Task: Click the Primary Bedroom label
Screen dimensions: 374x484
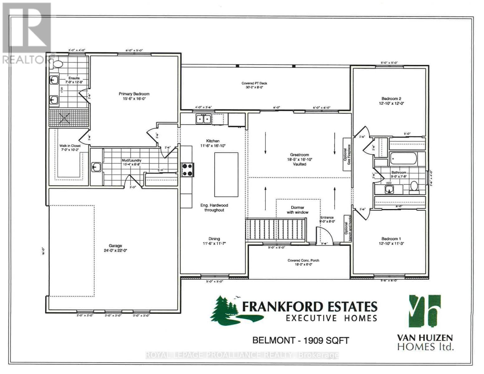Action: point(134,94)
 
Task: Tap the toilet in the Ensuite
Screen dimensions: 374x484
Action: point(58,64)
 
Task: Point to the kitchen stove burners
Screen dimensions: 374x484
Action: point(188,170)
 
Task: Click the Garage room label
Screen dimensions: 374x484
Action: point(115,246)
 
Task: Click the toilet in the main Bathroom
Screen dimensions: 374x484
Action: point(414,186)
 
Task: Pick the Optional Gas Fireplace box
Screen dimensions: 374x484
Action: point(347,155)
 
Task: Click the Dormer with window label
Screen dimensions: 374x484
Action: point(298,210)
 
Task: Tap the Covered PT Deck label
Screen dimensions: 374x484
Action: point(254,83)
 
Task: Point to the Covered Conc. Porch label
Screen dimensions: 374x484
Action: point(303,260)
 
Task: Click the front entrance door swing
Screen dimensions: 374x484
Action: point(323,234)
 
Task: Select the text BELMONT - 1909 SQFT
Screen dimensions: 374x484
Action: point(300,340)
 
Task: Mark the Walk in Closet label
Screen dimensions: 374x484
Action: point(70,146)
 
